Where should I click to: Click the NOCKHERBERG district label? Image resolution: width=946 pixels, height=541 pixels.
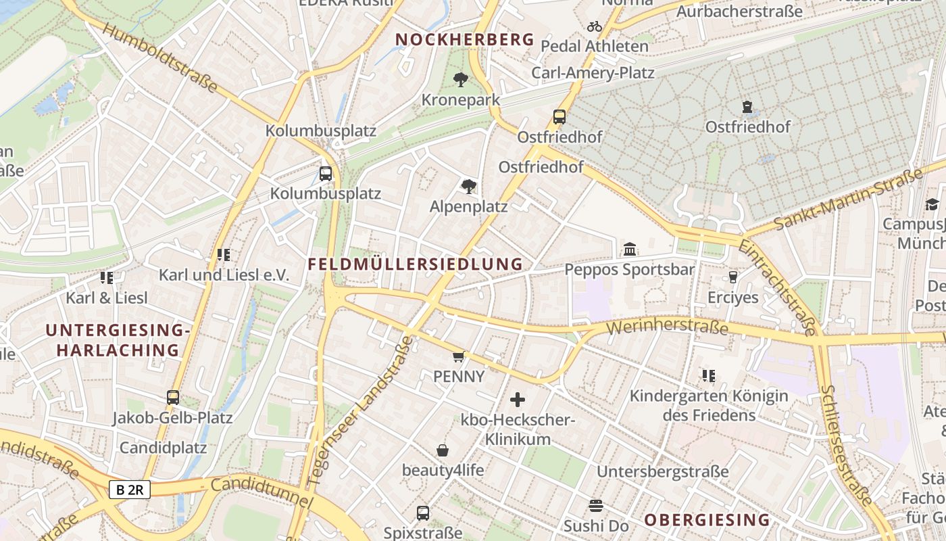464,39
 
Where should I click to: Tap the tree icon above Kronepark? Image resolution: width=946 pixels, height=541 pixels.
461,80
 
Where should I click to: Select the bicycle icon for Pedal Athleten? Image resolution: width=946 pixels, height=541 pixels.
595,26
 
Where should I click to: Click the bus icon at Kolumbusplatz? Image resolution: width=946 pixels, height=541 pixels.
326,174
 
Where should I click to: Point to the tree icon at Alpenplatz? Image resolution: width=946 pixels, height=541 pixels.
468,187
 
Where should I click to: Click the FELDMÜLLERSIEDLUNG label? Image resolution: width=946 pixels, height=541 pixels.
415,264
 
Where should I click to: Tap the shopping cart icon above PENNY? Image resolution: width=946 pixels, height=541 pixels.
459,356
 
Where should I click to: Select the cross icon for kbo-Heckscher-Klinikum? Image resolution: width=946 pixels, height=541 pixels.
518,400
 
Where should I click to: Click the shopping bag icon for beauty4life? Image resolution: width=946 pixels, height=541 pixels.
443,450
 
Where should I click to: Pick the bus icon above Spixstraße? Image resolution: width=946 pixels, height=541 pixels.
423,513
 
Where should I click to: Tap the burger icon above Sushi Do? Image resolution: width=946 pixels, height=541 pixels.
596,505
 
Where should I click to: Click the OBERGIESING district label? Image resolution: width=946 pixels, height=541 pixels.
707,519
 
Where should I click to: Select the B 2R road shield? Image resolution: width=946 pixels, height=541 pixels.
129,490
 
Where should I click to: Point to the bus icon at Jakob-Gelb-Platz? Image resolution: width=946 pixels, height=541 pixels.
173,398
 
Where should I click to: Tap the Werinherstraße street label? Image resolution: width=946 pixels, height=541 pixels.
668,328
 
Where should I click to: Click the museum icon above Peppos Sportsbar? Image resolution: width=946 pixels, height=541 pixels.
630,250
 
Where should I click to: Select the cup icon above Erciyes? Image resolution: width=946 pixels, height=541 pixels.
732,277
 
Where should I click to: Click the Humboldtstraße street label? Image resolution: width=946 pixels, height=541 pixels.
161,59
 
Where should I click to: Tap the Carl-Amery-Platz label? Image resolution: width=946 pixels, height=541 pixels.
593,72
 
